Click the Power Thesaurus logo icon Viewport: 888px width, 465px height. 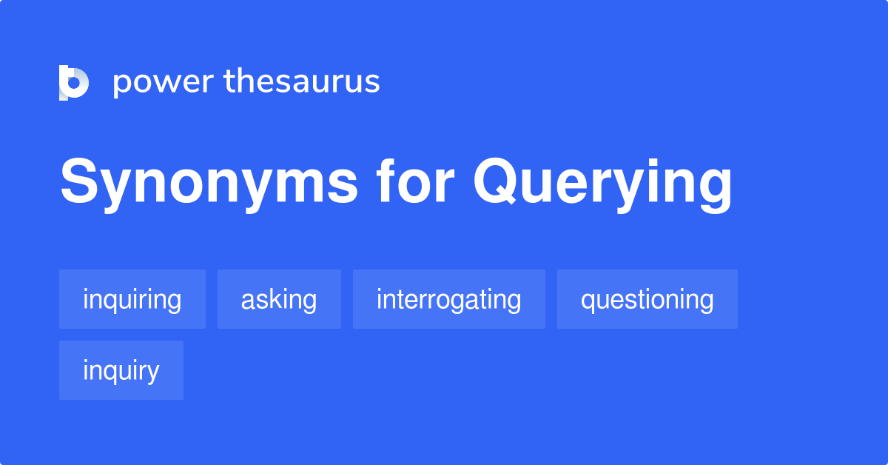(x=74, y=82)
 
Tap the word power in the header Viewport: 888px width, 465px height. (x=163, y=82)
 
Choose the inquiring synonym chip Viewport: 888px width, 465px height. (x=132, y=299)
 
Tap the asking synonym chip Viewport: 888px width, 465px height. (x=279, y=299)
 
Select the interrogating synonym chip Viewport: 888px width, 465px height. (x=449, y=299)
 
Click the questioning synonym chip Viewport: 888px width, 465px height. (x=647, y=299)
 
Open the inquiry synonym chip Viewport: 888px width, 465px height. (x=121, y=370)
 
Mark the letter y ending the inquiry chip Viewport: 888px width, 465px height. (x=152, y=373)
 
